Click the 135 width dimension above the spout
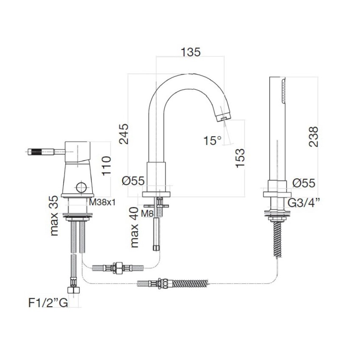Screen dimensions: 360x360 click(x=191, y=52)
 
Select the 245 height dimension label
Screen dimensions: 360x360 click(x=124, y=134)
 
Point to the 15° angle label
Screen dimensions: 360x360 click(x=213, y=140)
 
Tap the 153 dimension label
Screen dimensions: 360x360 click(x=240, y=158)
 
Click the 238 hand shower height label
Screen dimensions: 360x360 click(x=313, y=136)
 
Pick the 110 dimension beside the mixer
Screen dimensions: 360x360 click(x=106, y=166)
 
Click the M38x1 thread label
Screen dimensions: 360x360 click(x=102, y=202)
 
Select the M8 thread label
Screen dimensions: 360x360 click(x=147, y=214)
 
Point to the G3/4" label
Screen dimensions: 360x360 click(x=303, y=203)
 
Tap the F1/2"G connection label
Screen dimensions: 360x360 click(x=48, y=303)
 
